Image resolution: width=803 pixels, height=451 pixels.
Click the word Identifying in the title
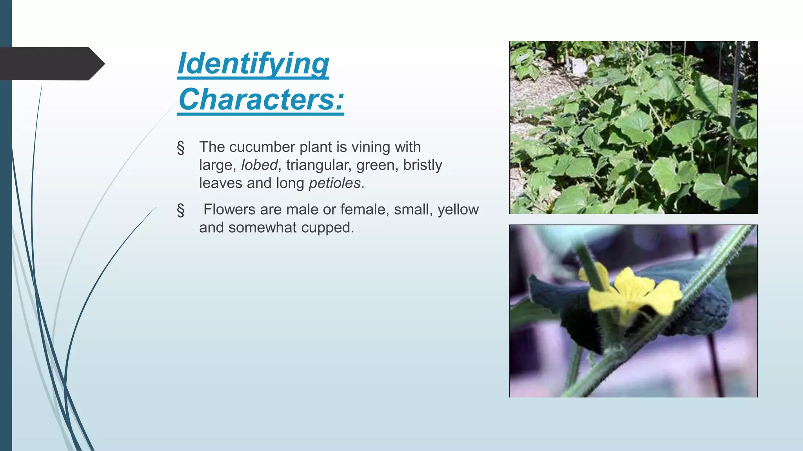point(253,63)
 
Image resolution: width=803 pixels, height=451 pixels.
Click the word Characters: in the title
point(261,99)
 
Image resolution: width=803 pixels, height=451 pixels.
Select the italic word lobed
point(259,165)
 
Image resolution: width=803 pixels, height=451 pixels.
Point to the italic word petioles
point(334,183)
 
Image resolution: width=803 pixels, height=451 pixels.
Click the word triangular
point(319,165)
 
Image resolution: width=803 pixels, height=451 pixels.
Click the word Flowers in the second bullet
point(229,209)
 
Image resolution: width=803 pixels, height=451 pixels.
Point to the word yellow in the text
point(458,209)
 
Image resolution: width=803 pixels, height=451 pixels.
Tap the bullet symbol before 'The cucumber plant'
point(181,148)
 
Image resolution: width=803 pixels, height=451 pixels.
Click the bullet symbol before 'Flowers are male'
point(181,210)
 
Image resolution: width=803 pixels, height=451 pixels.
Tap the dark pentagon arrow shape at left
point(51,63)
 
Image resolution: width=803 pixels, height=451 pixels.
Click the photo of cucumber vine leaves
point(633,127)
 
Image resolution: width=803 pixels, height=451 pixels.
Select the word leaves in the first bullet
point(220,183)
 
